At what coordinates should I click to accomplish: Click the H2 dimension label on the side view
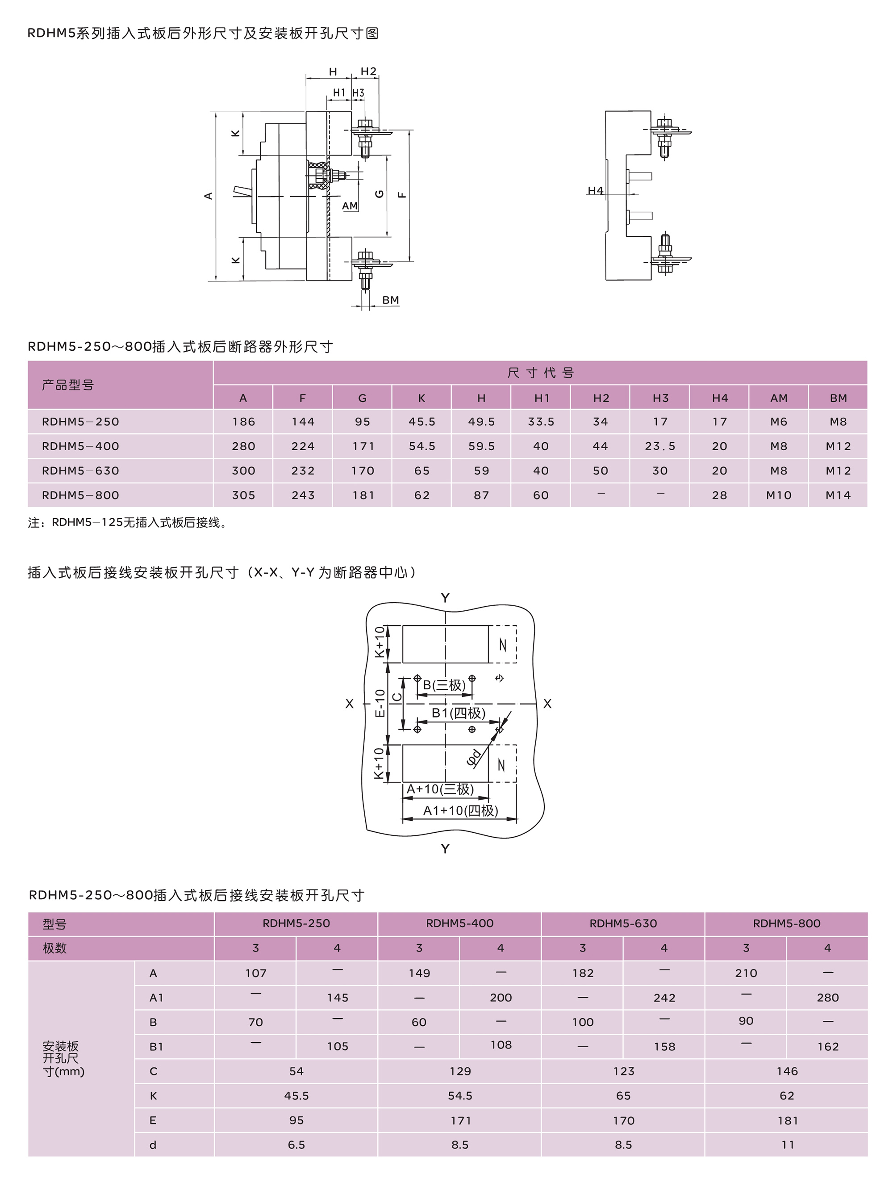368,71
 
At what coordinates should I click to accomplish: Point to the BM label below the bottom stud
390,300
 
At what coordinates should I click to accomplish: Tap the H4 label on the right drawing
595,190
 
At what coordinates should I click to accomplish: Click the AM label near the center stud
350,206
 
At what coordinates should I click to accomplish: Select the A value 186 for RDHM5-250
243,422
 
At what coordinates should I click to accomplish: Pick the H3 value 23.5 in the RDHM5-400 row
660,446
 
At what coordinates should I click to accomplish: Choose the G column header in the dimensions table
363,398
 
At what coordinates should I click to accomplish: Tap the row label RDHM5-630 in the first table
80,470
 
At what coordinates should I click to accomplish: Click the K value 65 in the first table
421,470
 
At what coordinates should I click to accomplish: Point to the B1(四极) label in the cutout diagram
459,713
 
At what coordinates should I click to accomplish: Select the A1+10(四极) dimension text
461,810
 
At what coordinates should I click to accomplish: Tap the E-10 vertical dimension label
380,703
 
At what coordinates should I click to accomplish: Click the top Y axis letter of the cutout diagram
445,598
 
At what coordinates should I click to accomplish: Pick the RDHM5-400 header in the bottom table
459,923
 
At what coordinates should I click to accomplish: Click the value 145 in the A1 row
338,998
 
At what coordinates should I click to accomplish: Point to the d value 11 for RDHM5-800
787,1145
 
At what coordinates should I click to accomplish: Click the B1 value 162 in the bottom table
827,1046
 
